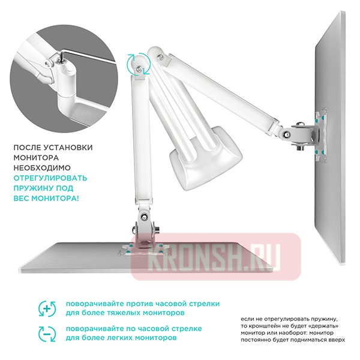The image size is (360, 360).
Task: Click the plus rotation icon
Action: tap(47, 308)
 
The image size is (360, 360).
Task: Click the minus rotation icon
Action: tap(47, 334)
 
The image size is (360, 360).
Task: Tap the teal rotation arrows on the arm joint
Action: tap(139, 64)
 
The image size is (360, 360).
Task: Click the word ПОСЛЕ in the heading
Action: tap(26, 148)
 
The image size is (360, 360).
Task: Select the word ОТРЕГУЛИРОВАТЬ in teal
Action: tap(50, 178)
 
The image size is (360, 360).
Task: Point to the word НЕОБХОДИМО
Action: tap(42, 167)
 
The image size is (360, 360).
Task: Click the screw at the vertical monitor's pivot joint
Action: tap(286, 134)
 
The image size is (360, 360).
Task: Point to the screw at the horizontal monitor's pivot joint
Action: tap(145, 216)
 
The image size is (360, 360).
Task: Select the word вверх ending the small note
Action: tap(337, 340)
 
